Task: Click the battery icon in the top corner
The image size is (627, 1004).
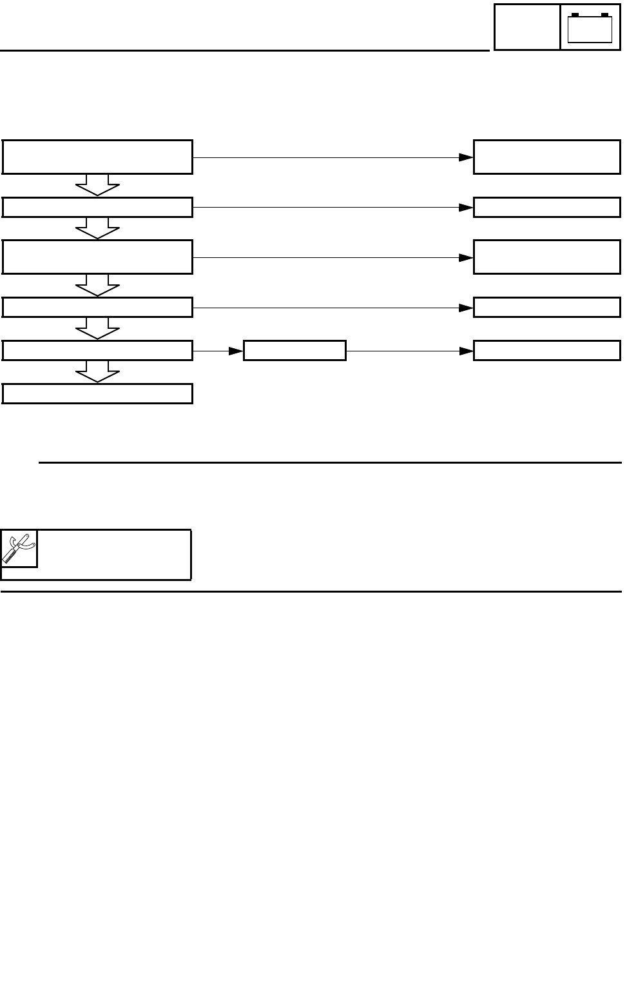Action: tap(590, 28)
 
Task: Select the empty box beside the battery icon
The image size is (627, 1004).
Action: tap(526, 27)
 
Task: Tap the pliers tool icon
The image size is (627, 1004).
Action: tap(19, 549)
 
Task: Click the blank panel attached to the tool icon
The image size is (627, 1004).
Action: tap(114, 555)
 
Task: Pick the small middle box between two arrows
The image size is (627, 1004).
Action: tap(294, 351)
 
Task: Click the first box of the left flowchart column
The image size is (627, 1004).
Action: tap(97, 157)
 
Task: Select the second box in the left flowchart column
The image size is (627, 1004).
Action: tap(97, 207)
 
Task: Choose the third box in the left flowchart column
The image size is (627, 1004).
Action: tap(97, 257)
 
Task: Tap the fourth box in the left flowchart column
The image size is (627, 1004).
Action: tap(97, 307)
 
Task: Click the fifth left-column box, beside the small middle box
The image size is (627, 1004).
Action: tap(97, 351)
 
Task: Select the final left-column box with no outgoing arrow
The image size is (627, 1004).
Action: tap(97, 393)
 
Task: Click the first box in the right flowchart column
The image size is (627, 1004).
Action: tap(546, 157)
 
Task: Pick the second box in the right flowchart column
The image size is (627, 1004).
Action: tap(546, 207)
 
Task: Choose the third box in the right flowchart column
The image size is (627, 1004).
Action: tap(546, 257)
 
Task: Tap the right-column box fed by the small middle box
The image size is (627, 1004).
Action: tap(546, 351)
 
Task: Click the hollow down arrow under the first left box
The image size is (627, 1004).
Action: tap(97, 185)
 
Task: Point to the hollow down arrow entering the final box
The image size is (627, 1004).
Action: tap(97, 372)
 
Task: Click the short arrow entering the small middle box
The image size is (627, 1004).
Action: tap(218, 351)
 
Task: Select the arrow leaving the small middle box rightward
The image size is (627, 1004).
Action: tap(409, 351)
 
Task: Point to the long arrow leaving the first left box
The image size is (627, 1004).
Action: tap(333, 157)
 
